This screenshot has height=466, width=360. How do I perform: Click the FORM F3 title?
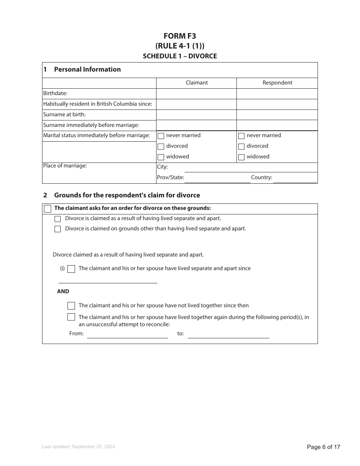[180, 36]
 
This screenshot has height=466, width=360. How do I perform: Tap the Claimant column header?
[196, 83]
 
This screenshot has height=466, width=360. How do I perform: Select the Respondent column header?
[277, 83]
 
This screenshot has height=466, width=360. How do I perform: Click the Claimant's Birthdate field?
[196, 94]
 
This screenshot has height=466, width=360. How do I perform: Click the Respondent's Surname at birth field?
[277, 115]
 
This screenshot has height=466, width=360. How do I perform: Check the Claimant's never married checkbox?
[161, 136]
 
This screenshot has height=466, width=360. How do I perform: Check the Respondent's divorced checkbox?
[241, 147]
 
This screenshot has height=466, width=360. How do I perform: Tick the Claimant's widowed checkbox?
[161, 157]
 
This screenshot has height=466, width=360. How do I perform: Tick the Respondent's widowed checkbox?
[241, 157]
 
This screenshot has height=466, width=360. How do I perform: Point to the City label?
[162, 167]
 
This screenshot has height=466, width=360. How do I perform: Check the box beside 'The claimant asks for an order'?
[47, 209]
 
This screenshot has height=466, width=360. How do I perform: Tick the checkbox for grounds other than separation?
[58, 229]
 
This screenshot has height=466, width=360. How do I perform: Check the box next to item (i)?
[71, 269]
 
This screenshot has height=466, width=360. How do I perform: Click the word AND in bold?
[63, 291]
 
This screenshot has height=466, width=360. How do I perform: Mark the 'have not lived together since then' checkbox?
[71, 306]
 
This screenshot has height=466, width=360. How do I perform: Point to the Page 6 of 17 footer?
[323, 447]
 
